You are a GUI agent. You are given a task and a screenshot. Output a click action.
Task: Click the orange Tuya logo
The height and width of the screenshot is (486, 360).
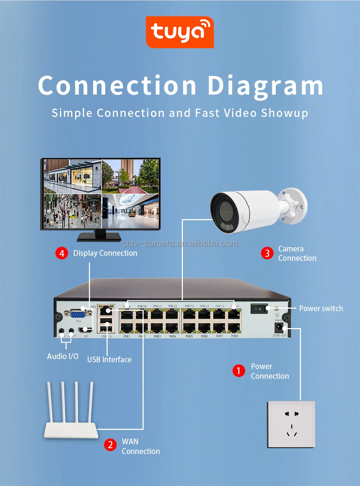[x=180, y=32]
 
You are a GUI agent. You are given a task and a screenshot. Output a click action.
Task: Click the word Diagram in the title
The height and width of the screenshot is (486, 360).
[x=265, y=86]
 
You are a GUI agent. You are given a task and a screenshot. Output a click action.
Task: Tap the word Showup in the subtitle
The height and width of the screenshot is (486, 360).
[x=284, y=113]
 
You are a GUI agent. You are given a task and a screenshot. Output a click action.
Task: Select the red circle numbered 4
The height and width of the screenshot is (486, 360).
[x=62, y=253]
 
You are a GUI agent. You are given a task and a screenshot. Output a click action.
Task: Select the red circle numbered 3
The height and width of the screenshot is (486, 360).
[x=267, y=253]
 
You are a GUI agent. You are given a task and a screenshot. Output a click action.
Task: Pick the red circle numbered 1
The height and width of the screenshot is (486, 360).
[x=238, y=371]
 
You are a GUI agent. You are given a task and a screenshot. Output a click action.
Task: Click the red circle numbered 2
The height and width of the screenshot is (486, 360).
[x=110, y=445]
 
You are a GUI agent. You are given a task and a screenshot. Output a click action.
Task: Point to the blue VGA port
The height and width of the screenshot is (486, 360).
[x=78, y=314]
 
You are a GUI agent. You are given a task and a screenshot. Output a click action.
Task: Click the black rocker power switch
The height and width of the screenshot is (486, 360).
[x=259, y=309]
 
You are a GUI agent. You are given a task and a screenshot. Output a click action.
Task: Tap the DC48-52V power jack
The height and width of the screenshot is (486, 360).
[x=279, y=328]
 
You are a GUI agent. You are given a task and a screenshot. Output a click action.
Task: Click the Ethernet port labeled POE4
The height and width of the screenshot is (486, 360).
[x=172, y=328]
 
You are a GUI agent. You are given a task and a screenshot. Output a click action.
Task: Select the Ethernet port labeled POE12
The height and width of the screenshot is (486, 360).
[x=172, y=315]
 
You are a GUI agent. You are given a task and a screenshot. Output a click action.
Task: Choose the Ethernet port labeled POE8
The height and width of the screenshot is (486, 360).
[x=234, y=328]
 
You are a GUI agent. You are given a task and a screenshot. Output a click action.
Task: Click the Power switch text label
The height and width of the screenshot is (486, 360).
[x=321, y=309]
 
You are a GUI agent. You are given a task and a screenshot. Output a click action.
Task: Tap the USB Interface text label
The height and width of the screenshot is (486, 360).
[x=109, y=359]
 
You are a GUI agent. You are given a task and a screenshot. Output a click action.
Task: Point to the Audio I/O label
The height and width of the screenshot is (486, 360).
[x=63, y=356]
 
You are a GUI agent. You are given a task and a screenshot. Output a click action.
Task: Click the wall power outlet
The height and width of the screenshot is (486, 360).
[x=291, y=424]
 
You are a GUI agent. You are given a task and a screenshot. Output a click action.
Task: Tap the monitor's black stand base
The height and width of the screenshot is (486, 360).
[x=99, y=237]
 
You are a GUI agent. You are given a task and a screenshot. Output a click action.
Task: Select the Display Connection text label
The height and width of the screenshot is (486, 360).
[x=105, y=253]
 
